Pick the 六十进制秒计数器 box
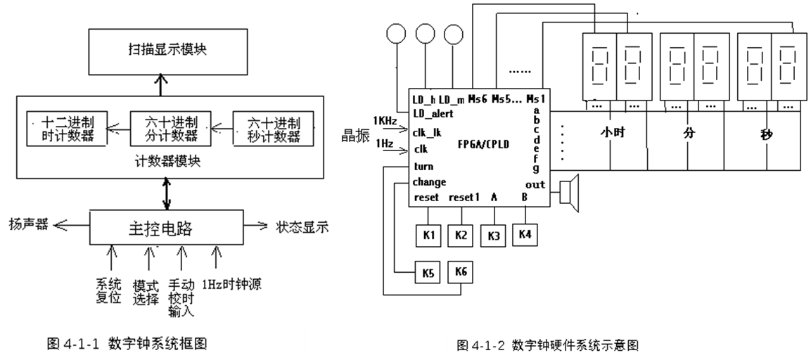tap(273, 129)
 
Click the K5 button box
tap(428, 272)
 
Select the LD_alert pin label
tap(433, 113)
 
